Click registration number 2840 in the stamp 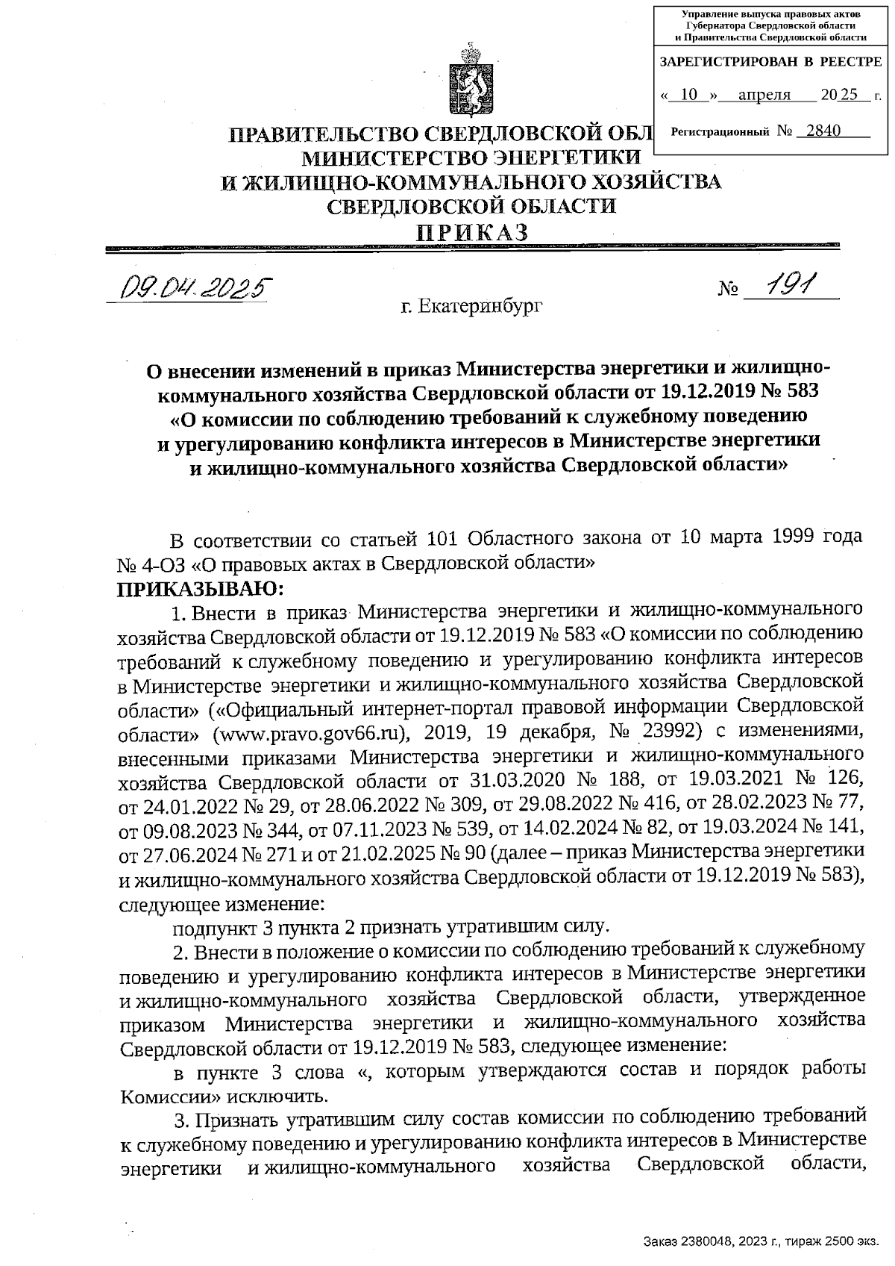pos(818,131)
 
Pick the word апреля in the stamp pos(764,95)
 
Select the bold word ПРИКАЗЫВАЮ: pos(201,588)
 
